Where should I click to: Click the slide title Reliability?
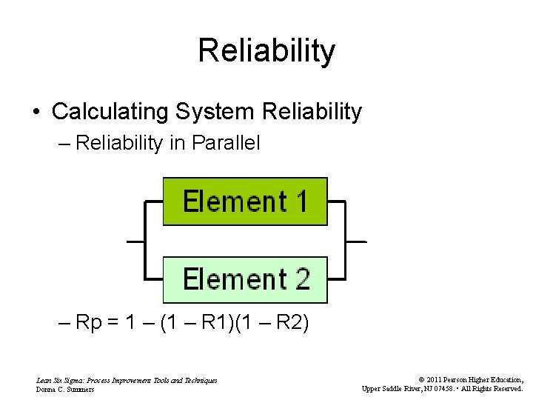(x=266, y=51)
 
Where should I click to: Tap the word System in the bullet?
(x=205, y=112)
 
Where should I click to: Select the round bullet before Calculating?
(x=36, y=113)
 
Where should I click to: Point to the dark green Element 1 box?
(x=245, y=201)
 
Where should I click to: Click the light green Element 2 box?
(x=245, y=279)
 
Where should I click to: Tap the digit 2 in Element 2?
(x=302, y=279)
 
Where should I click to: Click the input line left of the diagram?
(x=135, y=241)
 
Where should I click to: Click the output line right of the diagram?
(x=356, y=241)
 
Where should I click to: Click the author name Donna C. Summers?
(x=65, y=389)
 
